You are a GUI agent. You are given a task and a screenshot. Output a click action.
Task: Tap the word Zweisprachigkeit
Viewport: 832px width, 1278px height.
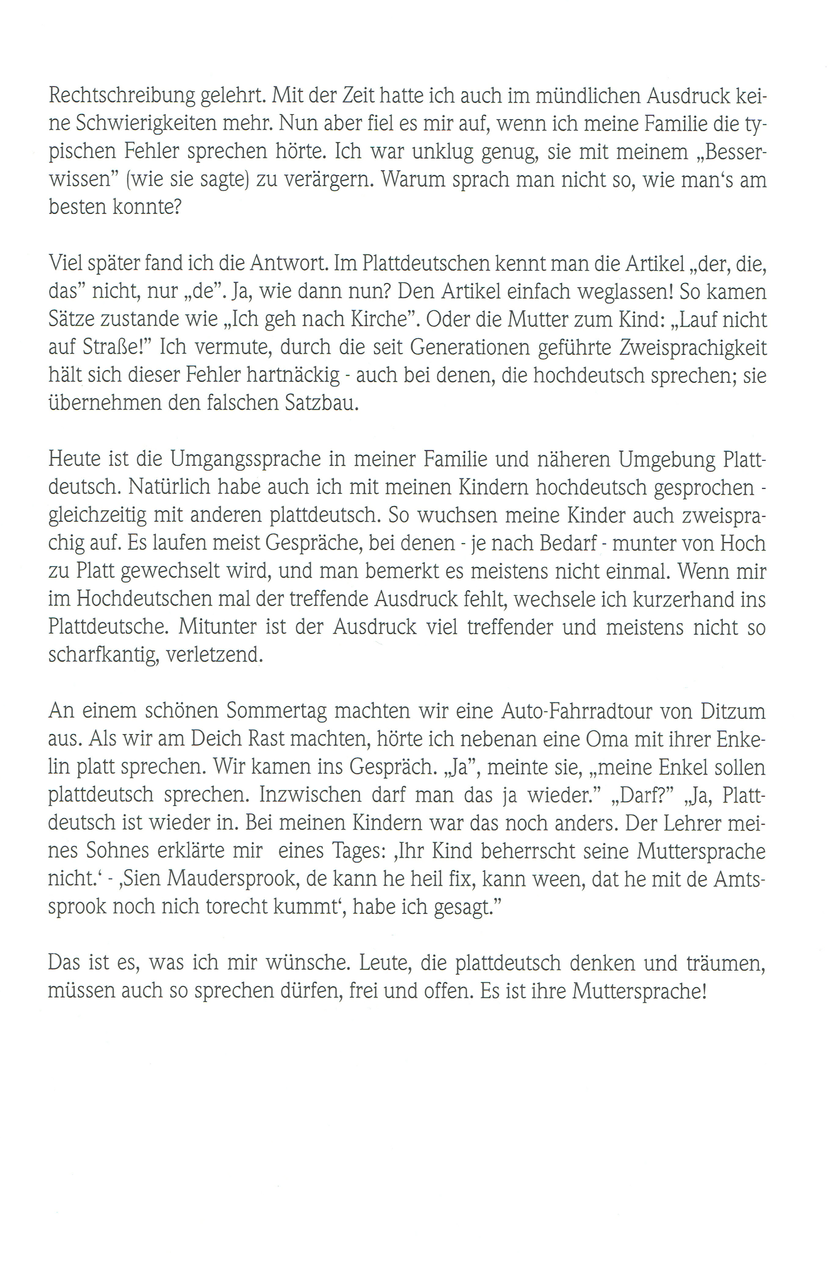(x=693, y=347)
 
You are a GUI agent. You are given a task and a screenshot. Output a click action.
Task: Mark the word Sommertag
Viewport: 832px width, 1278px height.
(x=276, y=711)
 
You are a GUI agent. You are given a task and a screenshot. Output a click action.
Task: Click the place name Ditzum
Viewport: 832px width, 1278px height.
(x=733, y=711)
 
